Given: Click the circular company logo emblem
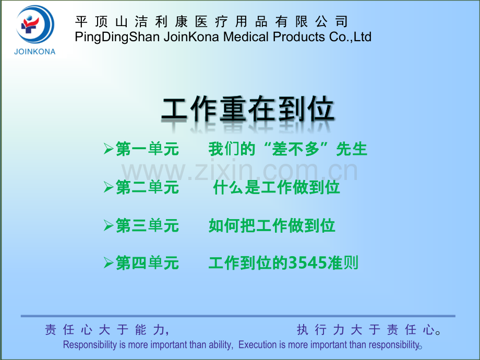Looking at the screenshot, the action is point(35,25).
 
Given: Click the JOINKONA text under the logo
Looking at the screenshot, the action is point(35,52).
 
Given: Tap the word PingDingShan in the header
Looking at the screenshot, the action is point(117,37).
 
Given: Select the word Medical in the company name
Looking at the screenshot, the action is point(246,37).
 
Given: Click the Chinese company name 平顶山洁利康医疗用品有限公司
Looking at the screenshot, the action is point(211,22).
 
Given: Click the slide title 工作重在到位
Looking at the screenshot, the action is point(247,109).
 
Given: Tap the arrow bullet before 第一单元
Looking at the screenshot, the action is point(109,149).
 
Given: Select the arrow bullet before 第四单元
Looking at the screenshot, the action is point(109,262).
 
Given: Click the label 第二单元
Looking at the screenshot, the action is point(147,187).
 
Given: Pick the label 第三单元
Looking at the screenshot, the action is point(147,225).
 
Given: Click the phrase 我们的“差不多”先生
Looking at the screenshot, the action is point(288,149).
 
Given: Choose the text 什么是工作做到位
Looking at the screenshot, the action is point(277,187).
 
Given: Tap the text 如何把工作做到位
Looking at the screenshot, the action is point(272,225).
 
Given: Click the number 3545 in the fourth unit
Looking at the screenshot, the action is point(308,263).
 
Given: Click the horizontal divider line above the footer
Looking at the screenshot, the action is point(238,316).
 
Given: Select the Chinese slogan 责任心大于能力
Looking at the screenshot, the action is point(107,330).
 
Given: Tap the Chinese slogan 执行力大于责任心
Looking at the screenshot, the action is point(368,330).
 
